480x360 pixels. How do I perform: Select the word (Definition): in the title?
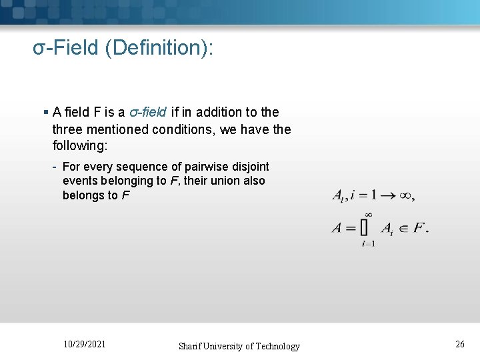pos(158,48)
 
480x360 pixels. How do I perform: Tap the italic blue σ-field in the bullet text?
pos(147,112)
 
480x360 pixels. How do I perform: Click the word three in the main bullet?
pos(69,129)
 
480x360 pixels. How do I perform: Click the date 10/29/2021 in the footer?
pos(84,344)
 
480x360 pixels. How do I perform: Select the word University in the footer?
pos(229,346)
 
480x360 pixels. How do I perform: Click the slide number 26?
pos(460,344)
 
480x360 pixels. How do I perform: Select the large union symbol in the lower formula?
pos(365,227)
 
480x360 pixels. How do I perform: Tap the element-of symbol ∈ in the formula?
pos(403,228)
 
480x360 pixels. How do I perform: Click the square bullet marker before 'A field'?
pos(45,112)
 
